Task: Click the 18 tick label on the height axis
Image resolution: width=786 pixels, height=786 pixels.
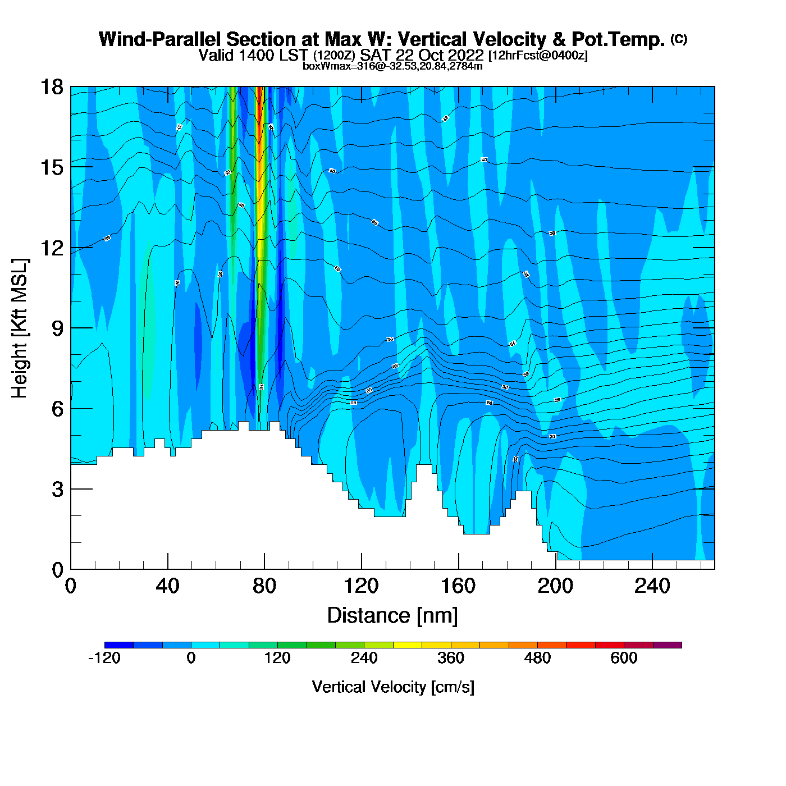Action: point(51,87)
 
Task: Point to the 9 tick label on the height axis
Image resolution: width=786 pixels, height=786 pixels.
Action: point(58,328)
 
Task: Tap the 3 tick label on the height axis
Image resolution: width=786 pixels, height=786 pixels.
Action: point(58,490)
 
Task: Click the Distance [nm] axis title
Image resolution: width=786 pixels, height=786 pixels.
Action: point(392,616)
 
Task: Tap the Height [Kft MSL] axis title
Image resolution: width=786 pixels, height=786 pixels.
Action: point(20,328)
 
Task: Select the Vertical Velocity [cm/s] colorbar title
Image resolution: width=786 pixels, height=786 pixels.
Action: point(393,687)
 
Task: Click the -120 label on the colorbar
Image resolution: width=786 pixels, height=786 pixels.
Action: point(104,658)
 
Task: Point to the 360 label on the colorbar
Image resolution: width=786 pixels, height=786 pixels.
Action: point(451,658)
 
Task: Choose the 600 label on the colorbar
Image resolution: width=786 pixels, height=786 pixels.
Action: point(624,658)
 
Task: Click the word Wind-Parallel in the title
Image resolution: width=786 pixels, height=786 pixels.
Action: point(160,39)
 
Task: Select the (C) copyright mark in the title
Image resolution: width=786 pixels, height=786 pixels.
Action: point(679,39)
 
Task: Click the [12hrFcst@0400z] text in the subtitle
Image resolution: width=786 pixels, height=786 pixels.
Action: point(538,56)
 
